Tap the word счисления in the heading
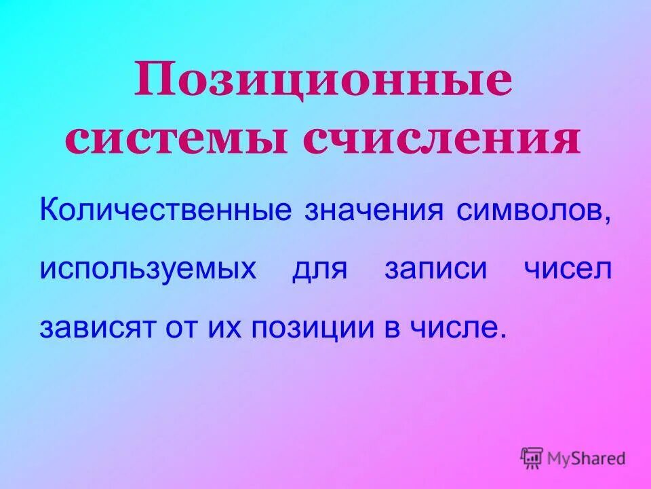pos(441,140)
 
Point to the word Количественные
pos(165,210)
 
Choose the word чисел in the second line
pos(567,268)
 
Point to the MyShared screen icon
pos(532,457)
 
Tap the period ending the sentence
pos(503,337)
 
